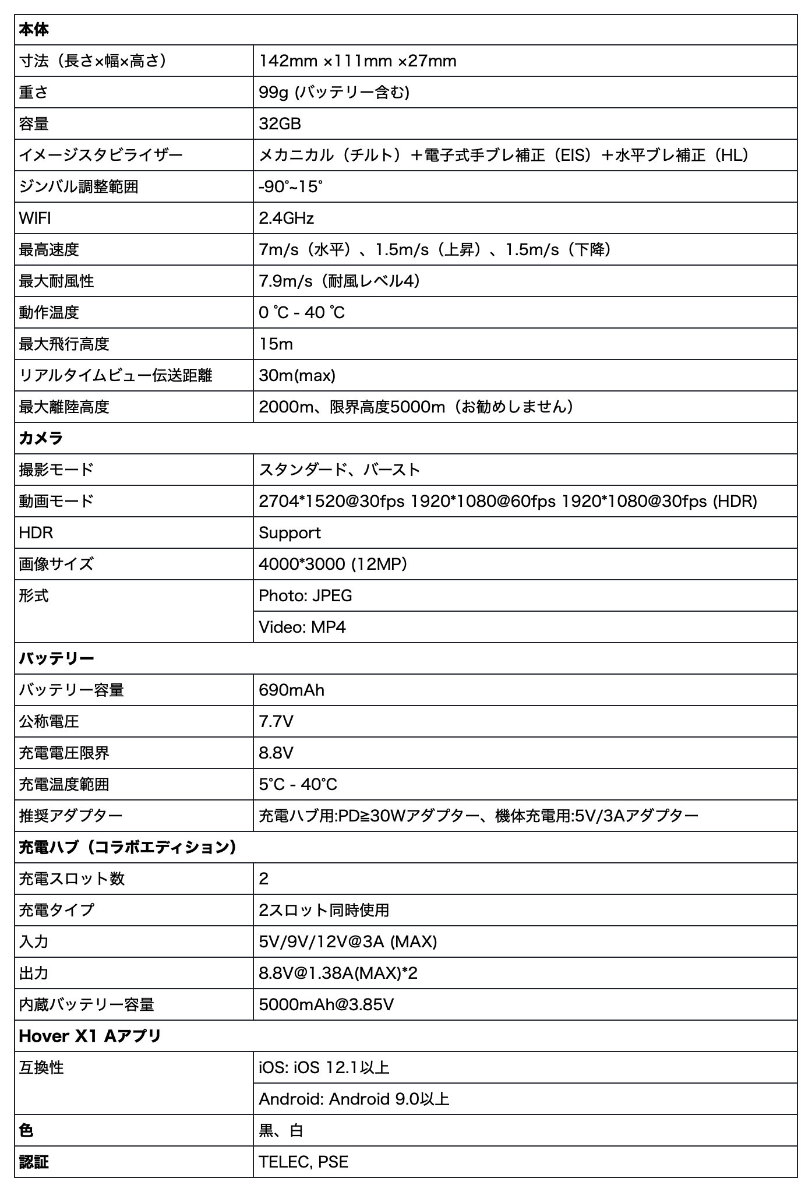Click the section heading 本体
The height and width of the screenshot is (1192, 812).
pyautogui.click(x=34, y=30)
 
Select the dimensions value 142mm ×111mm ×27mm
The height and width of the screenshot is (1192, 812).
pyautogui.click(x=357, y=61)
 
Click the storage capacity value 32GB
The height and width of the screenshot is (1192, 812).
pyautogui.click(x=280, y=124)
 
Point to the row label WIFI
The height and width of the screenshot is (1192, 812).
pyautogui.click(x=35, y=218)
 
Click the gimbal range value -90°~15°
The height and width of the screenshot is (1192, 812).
pyautogui.click(x=290, y=187)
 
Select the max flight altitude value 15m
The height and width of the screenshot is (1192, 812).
pyautogui.click(x=276, y=344)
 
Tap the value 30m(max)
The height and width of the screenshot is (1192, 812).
pyautogui.click(x=297, y=376)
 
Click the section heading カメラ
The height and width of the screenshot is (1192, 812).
pyautogui.click(x=41, y=439)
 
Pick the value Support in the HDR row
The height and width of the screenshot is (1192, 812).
pyautogui.click(x=290, y=533)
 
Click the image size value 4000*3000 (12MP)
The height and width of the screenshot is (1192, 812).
pyautogui.click(x=333, y=565)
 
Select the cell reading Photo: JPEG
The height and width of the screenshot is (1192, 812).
pyautogui.click(x=305, y=596)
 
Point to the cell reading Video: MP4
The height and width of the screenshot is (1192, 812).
pyautogui.click(x=302, y=627)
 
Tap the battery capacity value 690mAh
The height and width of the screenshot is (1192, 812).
pyautogui.click(x=291, y=690)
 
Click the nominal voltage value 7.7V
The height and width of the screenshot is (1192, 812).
pyautogui.click(x=276, y=722)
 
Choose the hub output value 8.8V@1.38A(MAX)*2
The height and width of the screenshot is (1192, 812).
pyautogui.click(x=338, y=974)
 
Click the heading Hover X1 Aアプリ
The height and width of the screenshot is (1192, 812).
pyautogui.click(x=90, y=1036)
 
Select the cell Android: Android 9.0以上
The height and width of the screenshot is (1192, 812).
pyautogui.click(x=354, y=1099)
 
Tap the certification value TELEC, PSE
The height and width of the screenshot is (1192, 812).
pyautogui.click(x=303, y=1162)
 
